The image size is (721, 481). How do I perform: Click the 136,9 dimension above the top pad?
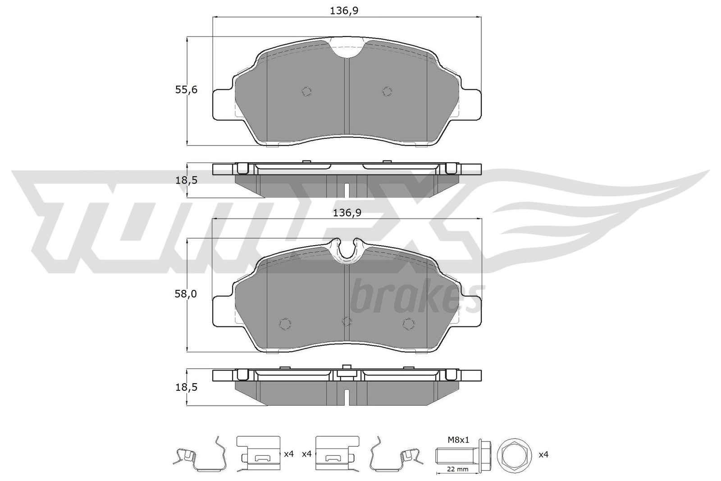click(x=344, y=11)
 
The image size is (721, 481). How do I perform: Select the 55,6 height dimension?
click(x=186, y=90)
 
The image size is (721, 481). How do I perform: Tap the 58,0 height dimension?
click(x=186, y=293)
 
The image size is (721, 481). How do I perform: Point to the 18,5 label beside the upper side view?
click(x=186, y=180)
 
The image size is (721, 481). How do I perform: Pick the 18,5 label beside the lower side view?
click(x=186, y=387)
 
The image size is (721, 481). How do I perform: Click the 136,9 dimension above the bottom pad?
click(x=347, y=212)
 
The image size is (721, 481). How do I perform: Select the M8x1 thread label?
click(x=458, y=440)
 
